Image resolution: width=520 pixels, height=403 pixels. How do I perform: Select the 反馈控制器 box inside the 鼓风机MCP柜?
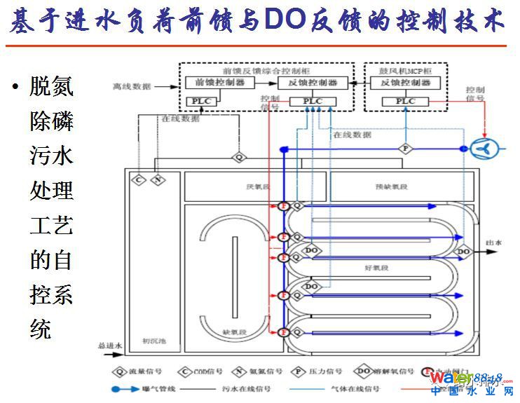(x=405, y=83)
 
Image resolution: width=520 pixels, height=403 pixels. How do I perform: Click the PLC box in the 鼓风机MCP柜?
(x=405, y=102)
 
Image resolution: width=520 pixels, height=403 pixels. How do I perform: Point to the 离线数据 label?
(x=131, y=86)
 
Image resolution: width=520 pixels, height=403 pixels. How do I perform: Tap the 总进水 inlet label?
(x=110, y=346)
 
